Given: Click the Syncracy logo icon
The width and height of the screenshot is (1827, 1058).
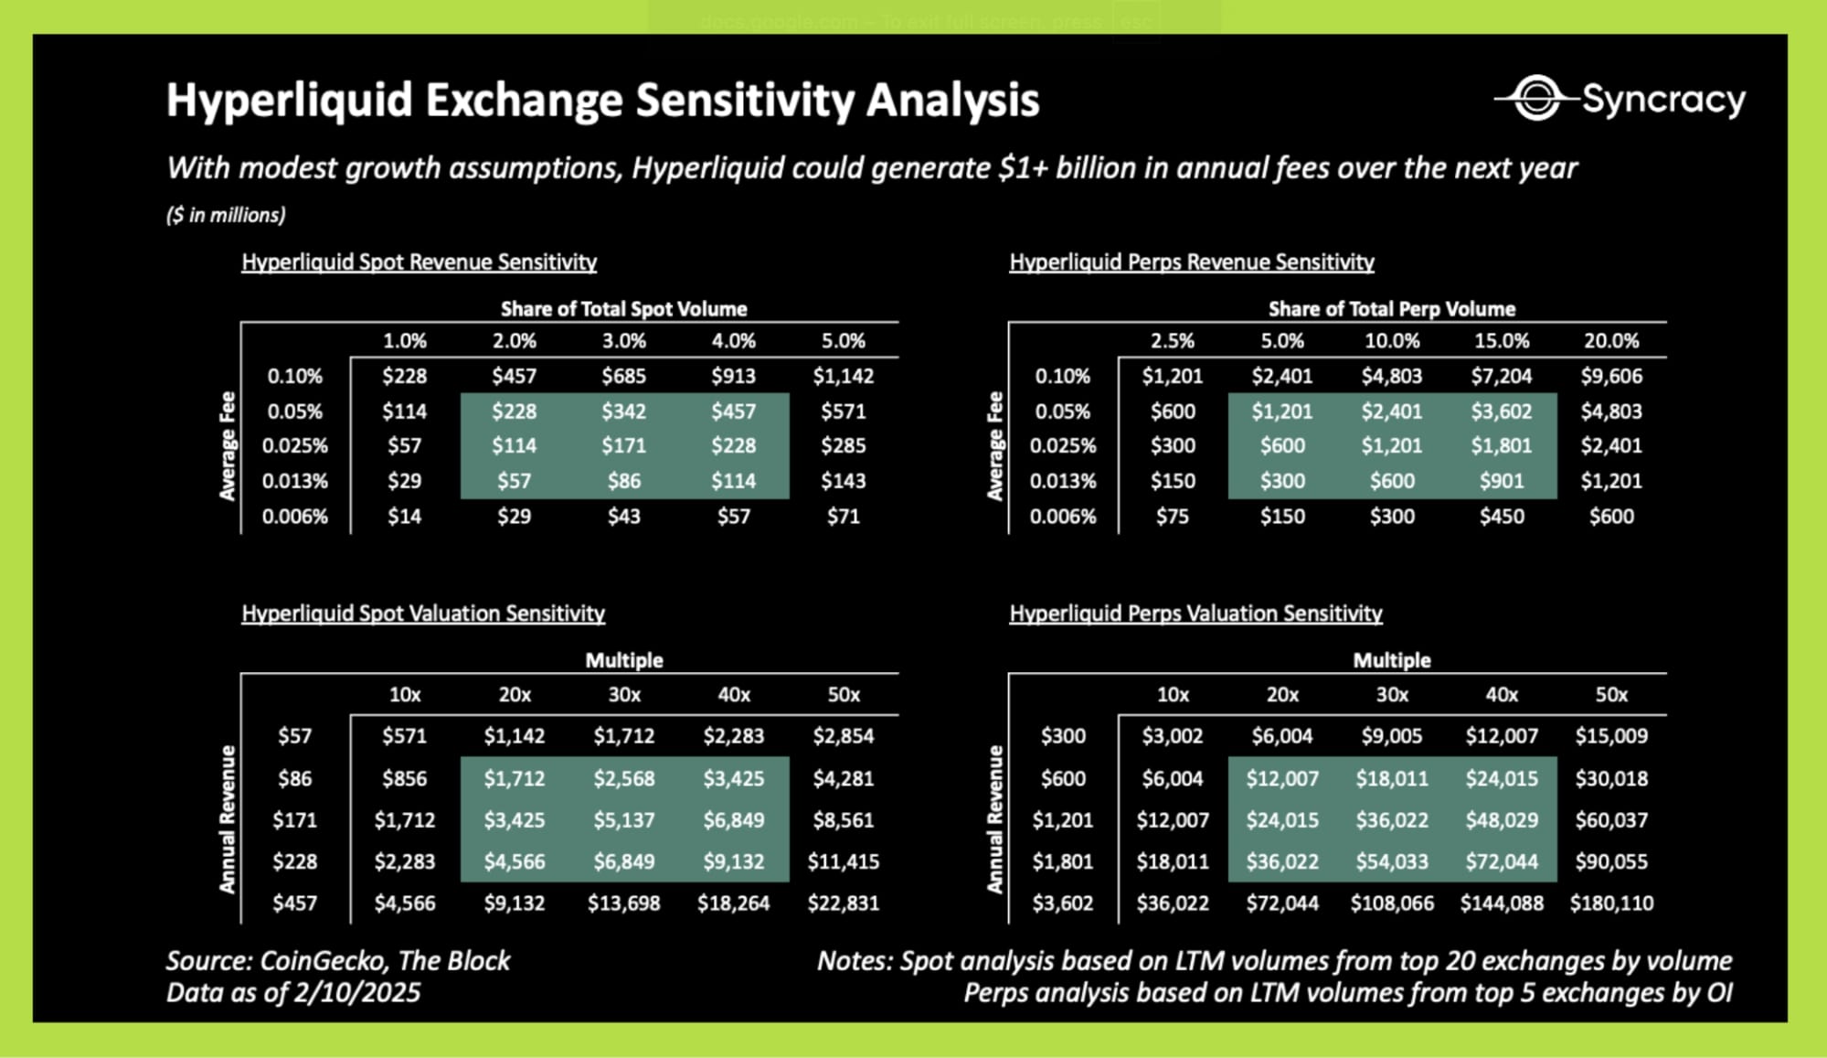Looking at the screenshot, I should coord(1536,98).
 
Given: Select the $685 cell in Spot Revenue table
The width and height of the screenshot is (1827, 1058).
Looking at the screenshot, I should coord(623,376).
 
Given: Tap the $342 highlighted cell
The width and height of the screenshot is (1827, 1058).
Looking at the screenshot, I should coord(623,411).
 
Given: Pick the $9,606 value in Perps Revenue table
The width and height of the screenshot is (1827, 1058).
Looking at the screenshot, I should coord(1611,376).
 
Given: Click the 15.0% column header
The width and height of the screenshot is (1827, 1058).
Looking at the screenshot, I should coord(1502,341).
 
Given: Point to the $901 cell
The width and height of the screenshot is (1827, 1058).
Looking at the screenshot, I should coord(1502,481).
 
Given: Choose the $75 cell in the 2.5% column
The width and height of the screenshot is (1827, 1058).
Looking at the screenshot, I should coord(1173,517).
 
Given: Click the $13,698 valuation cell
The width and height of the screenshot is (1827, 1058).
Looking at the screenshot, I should coord(623,903).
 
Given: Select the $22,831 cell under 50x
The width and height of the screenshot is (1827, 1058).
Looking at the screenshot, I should coord(843,903).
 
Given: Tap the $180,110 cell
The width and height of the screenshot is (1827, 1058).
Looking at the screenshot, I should coord(1611,903).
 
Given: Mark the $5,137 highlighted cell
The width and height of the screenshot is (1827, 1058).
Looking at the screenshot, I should coord(623,820).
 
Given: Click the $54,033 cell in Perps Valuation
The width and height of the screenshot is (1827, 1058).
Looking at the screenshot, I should coord(1392,861).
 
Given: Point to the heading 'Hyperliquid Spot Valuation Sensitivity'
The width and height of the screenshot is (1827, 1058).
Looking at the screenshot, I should coord(423,614).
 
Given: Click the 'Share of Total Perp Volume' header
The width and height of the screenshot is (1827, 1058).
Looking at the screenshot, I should coord(1391,309).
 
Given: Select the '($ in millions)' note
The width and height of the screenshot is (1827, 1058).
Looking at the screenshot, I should coord(226,215).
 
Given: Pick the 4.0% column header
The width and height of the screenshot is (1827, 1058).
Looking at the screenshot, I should coord(733,341).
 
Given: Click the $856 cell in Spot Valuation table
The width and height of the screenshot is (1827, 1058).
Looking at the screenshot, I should coord(404,779).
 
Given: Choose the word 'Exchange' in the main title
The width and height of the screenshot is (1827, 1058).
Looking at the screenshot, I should coord(525,100).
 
